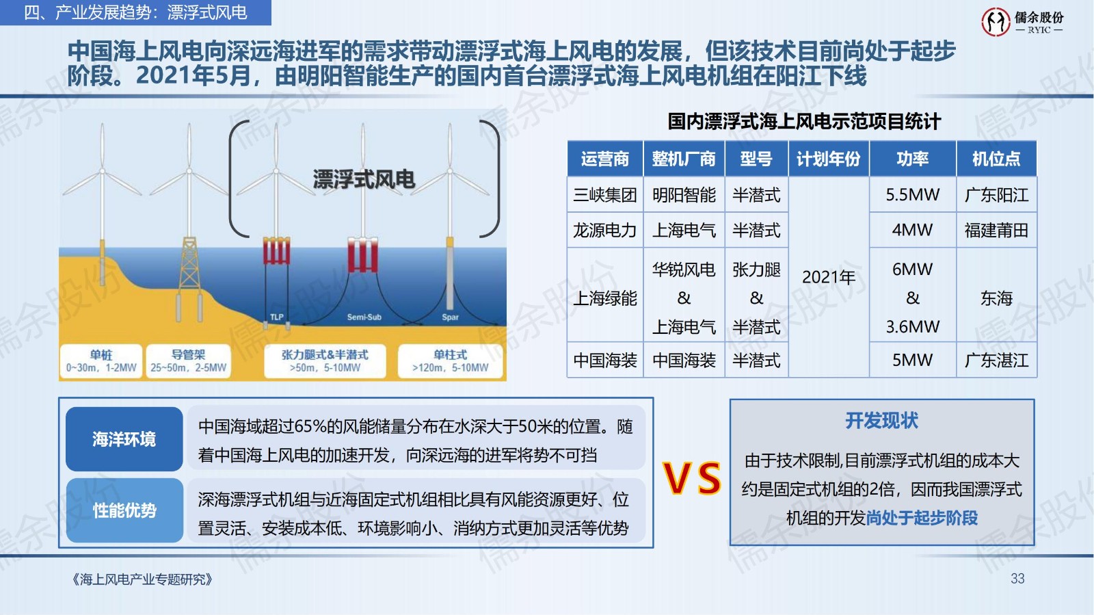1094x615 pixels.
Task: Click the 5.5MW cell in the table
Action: [x=912, y=194]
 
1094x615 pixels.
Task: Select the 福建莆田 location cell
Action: [x=996, y=230]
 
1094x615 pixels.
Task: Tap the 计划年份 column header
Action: [x=828, y=159]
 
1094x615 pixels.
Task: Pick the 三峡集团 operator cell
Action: [x=604, y=194]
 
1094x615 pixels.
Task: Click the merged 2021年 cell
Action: [x=828, y=277]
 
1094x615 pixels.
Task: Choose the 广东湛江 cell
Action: [x=996, y=360]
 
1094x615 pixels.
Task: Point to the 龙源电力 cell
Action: [x=604, y=230]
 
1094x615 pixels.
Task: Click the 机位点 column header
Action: [x=996, y=159]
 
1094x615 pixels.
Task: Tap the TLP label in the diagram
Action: [x=277, y=317]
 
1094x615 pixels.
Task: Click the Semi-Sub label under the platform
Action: [x=364, y=317]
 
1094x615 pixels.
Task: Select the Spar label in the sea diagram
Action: [x=451, y=317]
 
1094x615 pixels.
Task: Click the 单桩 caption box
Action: [x=101, y=361]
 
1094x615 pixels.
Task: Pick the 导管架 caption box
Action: [x=189, y=361]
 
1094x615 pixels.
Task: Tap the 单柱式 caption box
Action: [x=451, y=361]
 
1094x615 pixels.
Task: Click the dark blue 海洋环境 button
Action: [x=124, y=439]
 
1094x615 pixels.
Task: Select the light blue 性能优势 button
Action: [x=124, y=510]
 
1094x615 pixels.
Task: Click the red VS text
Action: [x=691, y=477]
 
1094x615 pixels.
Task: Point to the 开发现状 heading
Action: [x=881, y=420]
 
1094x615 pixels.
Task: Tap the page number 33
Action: [x=1017, y=579]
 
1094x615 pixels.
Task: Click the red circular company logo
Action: [x=996, y=21]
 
